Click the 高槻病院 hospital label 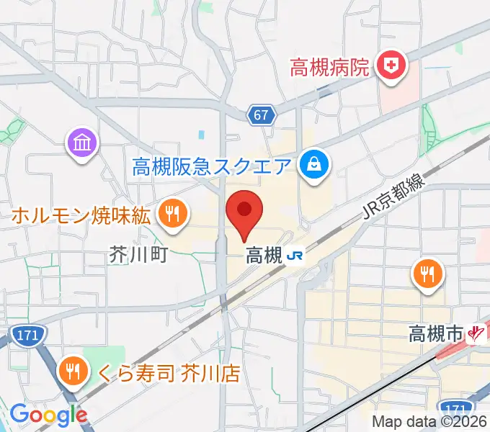pos(330,68)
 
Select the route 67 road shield pos(262,114)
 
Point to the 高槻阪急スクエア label pos(212,167)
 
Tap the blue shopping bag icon pos(315,166)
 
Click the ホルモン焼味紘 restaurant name pos(82,214)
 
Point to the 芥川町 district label pos(138,254)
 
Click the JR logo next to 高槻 pos(293,255)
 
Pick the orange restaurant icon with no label pos(427,274)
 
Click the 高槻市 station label pos(435,333)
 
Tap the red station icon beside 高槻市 pos(476,333)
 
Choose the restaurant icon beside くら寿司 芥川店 pos(74,372)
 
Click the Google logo pos(48,414)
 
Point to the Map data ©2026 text pos(429,423)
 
